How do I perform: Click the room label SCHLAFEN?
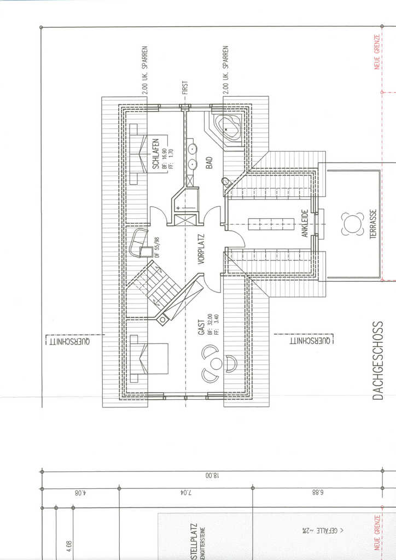pyautogui.click(x=155, y=153)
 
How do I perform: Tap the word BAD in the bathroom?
pyautogui.click(x=209, y=162)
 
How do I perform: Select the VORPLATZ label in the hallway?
pyautogui.click(x=201, y=249)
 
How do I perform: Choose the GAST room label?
pyautogui.click(x=201, y=328)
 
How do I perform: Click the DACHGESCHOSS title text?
pyautogui.click(x=378, y=360)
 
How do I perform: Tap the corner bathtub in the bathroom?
pyautogui.click(x=226, y=126)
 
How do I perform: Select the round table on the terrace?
pyautogui.click(x=353, y=224)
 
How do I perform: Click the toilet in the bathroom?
pyautogui.click(x=225, y=181)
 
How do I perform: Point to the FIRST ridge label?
pyautogui.click(x=185, y=88)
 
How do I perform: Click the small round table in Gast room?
pyautogui.click(x=217, y=364)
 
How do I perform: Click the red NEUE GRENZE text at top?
pyautogui.click(x=377, y=53)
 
